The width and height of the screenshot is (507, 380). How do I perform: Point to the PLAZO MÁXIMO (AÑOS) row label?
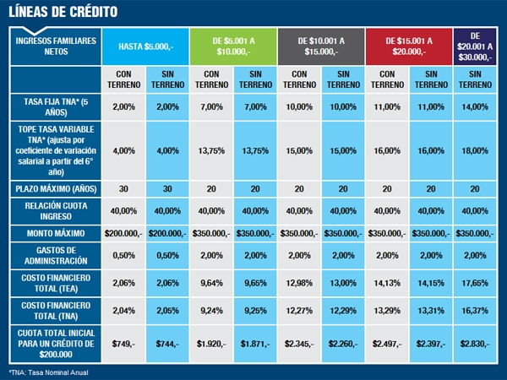[52, 189]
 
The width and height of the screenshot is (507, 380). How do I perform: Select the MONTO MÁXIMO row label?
[52, 231]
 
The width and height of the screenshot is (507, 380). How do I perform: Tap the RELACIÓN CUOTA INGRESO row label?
[52, 210]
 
